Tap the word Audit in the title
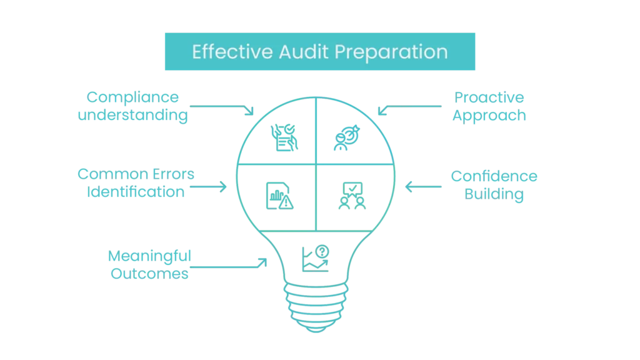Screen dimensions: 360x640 (301, 51)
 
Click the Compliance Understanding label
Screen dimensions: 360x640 (132, 107)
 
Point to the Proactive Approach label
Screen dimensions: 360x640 (490, 107)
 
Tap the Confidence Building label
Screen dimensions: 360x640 (494, 186)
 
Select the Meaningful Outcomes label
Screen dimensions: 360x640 (149, 265)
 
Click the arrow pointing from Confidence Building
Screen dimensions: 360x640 (425, 186)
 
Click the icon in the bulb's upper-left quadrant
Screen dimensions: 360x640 (285, 136)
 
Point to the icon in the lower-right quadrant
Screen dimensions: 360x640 (346, 194)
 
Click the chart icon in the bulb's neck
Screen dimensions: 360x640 (315, 257)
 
